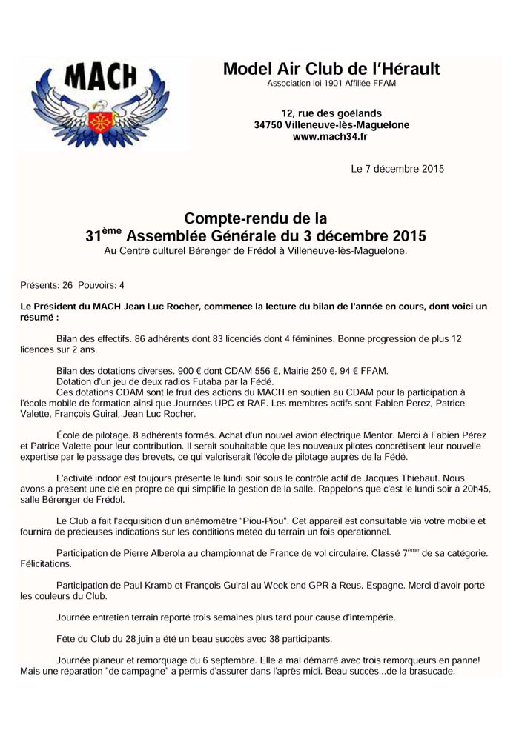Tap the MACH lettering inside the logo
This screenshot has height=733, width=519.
[101, 78]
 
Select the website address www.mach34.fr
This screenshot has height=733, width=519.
[331, 136]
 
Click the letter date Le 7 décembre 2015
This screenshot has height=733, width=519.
[397, 169]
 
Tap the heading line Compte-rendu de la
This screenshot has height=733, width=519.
[255, 218]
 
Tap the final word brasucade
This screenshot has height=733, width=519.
[427, 672]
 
